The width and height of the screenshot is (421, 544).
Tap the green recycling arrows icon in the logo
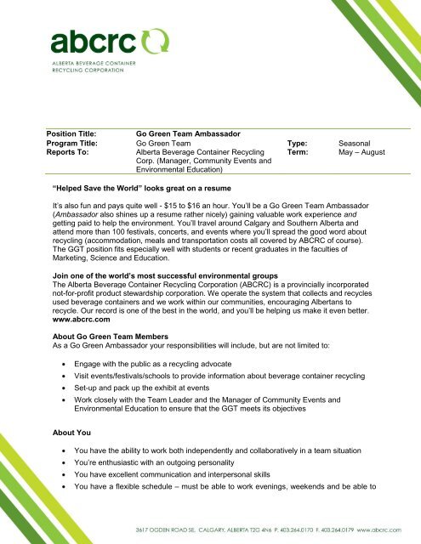click(156, 39)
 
